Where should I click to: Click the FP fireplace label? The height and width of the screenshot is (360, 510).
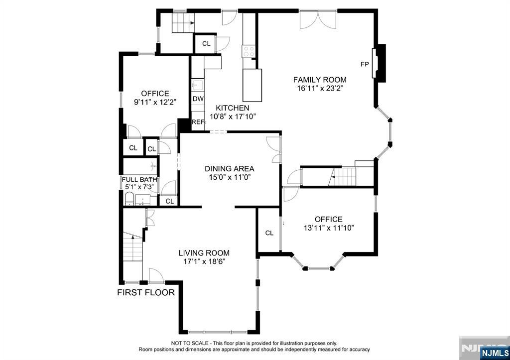(365, 64)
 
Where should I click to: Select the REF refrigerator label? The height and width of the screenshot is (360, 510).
(198, 122)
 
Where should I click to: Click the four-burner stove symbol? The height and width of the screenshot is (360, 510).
(249, 51)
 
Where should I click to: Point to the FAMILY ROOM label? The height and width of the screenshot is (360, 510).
(320, 80)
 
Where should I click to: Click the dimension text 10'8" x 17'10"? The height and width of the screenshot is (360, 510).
(233, 116)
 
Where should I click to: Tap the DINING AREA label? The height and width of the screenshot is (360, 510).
(230, 169)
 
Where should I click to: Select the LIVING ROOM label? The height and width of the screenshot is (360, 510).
(204, 253)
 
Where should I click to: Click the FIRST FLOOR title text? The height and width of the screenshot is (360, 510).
(146, 292)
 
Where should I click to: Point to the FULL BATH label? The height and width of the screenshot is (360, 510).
(139, 180)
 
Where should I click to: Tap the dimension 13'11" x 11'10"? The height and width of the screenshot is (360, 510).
(329, 228)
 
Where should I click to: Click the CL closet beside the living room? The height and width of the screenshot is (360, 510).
(269, 233)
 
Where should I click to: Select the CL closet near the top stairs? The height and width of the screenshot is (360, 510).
(206, 44)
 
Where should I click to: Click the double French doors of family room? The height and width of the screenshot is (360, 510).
(318, 19)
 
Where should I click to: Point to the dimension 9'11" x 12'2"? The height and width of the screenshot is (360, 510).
(155, 102)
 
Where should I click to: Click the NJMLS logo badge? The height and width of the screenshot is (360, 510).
(494, 353)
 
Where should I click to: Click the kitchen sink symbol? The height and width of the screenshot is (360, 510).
(197, 86)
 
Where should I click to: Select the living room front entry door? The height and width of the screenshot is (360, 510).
(156, 275)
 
